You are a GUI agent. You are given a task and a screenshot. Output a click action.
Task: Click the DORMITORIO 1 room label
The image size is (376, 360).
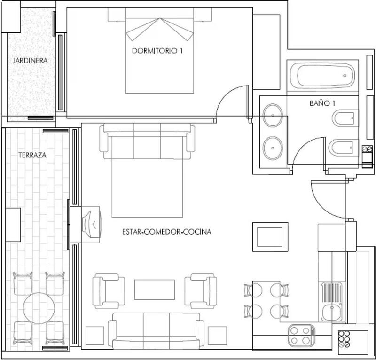coord(157,52)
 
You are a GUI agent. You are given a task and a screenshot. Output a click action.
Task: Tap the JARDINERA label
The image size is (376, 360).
coord(31,60)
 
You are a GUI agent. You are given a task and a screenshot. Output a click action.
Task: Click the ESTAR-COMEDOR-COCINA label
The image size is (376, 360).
coord(166,232)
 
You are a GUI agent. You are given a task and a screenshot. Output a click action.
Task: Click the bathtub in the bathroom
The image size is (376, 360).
coord(322,76)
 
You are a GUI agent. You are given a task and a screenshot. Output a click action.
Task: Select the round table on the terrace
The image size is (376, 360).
coord(39,308)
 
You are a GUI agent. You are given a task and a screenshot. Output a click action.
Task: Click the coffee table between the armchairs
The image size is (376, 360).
coord(154,290)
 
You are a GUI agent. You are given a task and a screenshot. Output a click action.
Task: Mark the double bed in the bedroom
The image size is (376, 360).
coord(160,56)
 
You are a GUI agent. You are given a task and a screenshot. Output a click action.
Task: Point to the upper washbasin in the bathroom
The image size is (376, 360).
coord(273,115)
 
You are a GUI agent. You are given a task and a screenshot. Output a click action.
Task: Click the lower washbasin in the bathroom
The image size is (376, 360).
coord(273,148)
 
